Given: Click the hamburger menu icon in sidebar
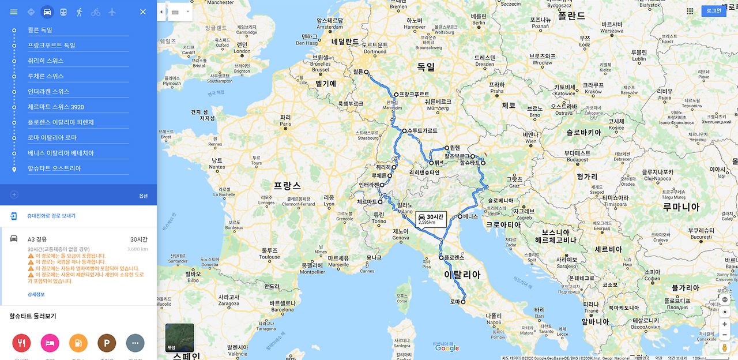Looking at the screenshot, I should (14, 12).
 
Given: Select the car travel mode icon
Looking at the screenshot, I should (47, 12).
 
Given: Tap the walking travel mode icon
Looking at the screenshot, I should (80, 12).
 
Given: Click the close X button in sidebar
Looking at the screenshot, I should (143, 12).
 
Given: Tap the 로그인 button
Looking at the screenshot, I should (714, 10).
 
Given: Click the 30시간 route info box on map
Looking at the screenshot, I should (431, 219).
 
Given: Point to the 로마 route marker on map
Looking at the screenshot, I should (463, 301).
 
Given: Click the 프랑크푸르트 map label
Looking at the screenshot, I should (415, 95).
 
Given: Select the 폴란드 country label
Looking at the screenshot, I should (571, 16).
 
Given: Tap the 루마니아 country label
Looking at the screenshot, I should (681, 207).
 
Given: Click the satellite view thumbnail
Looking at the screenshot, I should (179, 337).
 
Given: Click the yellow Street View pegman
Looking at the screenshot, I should (725, 347).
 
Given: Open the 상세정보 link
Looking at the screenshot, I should (36, 294).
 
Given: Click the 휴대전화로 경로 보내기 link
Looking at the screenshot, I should (51, 216).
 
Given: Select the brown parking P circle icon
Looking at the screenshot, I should (107, 343).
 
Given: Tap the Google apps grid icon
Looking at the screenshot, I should (690, 11).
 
